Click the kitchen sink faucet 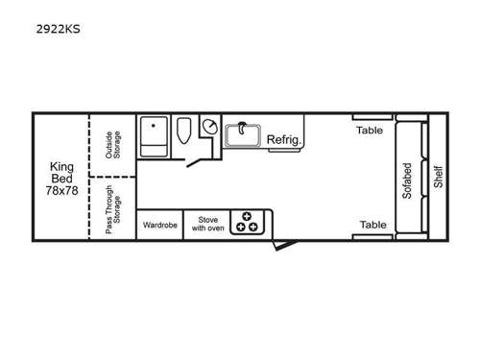pyautogui.click(x=243, y=128)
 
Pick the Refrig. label pyautogui.click(x=284, y=140)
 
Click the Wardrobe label pyautogui.click(x=159, y=226)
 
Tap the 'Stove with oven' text pyautogui.click(x=206, y=225)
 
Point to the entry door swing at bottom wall pyautogui.click(x=278, y=246)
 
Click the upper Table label pyautogui.click(x=372, y=130)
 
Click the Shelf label pyautogui.click(x=438, y=178)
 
